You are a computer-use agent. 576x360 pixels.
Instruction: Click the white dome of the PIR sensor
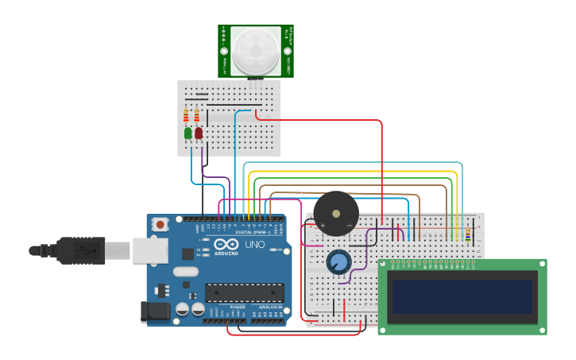click(x=256, y=51)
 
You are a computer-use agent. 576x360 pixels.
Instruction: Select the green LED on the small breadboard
click(x=188, y=134)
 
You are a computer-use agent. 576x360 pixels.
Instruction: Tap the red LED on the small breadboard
click(x=199, y=134)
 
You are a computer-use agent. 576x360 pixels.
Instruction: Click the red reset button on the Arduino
click(x=160, y=225)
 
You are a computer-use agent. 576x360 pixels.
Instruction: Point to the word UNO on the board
click(x=255, y=244)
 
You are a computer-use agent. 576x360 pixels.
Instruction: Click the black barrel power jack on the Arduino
click(x=155, y=311)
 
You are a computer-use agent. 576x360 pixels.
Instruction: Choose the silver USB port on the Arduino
click(x=150, y=250)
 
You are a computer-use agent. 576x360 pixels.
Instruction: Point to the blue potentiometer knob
click(x=338, y=261)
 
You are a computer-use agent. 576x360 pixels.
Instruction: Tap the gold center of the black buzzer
click(x=336, y=213)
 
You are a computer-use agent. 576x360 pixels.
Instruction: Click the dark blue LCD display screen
click(x=462, y=296)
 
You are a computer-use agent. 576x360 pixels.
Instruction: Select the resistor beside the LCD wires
click(x=467, y=234)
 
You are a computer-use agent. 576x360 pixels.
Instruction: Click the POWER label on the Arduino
click(x=238, y=308)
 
